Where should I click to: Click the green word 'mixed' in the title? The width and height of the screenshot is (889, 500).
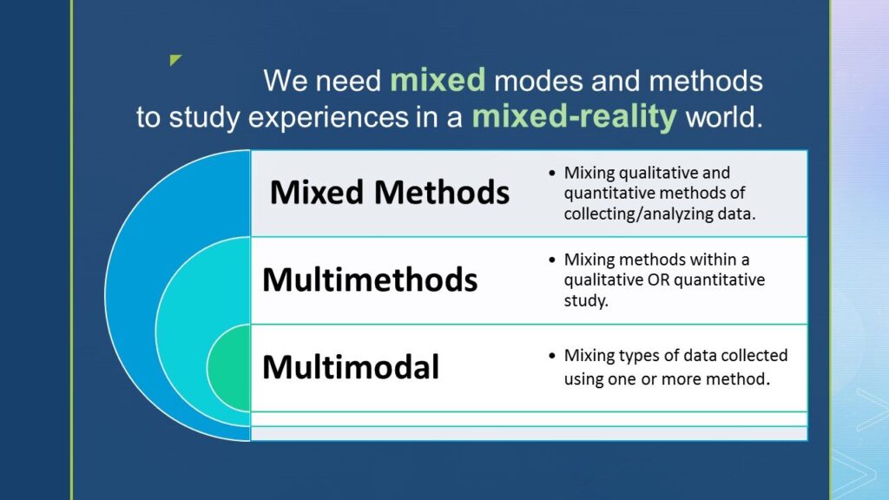[438, 81]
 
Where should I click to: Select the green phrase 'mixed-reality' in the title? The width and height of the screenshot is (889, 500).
[574, 116]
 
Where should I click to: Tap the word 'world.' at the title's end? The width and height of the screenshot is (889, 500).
[724, 117]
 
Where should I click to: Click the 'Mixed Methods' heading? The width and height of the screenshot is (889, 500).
[389, 192]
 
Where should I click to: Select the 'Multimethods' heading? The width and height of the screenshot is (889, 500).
[370, 280]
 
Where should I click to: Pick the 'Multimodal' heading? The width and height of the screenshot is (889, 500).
[351, 366]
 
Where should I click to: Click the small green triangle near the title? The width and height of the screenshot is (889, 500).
[175, 60]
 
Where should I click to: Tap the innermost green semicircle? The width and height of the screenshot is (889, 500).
[230, 367]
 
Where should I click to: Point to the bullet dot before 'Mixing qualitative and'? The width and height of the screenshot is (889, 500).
[552, 173]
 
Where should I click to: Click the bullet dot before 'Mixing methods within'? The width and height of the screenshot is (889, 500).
[552, 260]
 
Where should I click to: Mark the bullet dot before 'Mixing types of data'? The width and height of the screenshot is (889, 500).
[552, 356]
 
